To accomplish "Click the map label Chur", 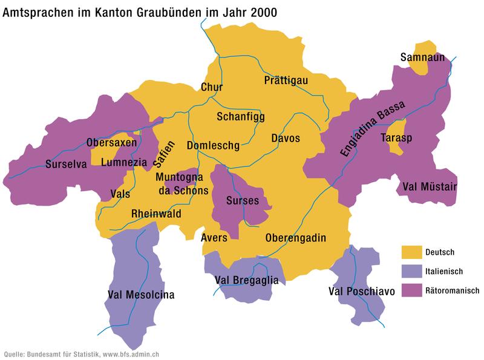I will [211, 88].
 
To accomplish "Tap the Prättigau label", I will [287, 80].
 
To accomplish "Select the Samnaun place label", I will [422, 57].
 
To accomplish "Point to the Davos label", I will [286, 139].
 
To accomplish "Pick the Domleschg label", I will [213, 146].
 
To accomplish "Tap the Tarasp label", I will [396, 139].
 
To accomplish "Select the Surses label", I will [242, 200].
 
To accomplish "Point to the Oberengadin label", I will [295, 238].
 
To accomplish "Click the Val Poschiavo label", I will [361, 292].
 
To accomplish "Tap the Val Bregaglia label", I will [247, 280].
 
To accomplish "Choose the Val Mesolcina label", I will [141, 295].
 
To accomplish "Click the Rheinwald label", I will [156, 214].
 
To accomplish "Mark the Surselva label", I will [67, 163].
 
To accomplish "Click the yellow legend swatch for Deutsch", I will [411, 252].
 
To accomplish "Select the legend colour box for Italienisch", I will [411, 271].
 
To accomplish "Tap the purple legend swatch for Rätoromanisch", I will [411, 290].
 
